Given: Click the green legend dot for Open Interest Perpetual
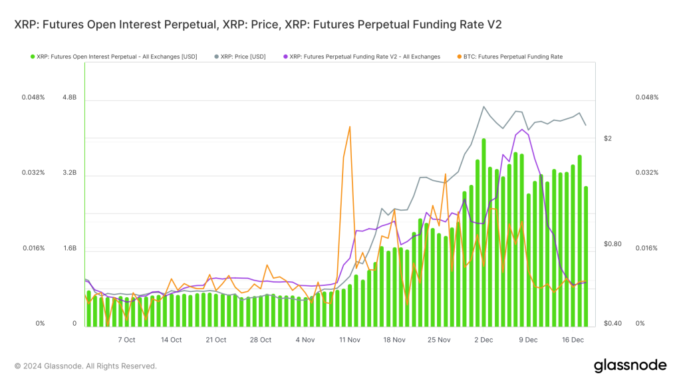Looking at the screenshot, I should (x=33, y=57).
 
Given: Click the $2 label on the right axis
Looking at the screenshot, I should (x=607, y=138).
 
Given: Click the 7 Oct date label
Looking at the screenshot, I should (x=126, y=340).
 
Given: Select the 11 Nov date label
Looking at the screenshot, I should (x=349, y=340).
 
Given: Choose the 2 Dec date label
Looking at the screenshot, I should (x=483, y=340).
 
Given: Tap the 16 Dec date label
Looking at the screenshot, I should (x=573, y=340).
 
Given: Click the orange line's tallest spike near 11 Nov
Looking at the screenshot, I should (x=349, y=127).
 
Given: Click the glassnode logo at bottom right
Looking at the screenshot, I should (x=629, y=365).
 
